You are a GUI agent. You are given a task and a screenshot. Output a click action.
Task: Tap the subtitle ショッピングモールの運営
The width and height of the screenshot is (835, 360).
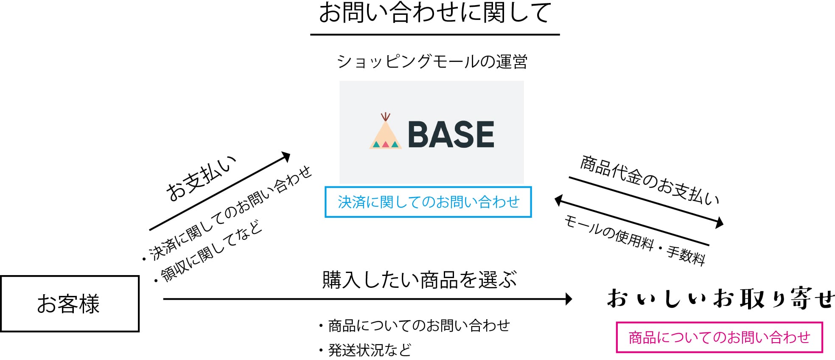pos(432,62)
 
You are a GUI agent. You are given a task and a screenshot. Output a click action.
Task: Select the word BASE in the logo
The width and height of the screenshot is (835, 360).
pos(451,135)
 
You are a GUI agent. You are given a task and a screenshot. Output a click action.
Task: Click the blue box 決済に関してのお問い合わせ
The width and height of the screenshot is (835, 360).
pos(428,202)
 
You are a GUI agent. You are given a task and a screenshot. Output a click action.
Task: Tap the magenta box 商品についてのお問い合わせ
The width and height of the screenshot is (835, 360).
pos(719,337)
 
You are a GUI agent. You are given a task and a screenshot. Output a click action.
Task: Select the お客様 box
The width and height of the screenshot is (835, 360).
pos(70,304)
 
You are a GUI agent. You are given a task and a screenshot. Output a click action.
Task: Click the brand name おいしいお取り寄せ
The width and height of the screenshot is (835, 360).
pos(720,298)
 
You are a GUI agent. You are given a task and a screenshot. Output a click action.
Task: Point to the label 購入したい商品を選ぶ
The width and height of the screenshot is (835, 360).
pos(419,280)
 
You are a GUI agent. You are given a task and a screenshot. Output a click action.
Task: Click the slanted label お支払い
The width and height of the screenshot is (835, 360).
pos(201,178)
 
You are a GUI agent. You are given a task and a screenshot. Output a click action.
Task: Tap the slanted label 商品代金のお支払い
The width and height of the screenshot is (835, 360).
pos(649,181)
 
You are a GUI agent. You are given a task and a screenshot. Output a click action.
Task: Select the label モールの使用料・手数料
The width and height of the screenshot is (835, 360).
pos(634,240)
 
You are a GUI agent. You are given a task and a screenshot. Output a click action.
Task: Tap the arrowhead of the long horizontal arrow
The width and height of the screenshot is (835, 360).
pos(569,299)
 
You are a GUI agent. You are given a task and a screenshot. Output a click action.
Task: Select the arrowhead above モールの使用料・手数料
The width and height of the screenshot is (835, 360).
pos(559,200)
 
